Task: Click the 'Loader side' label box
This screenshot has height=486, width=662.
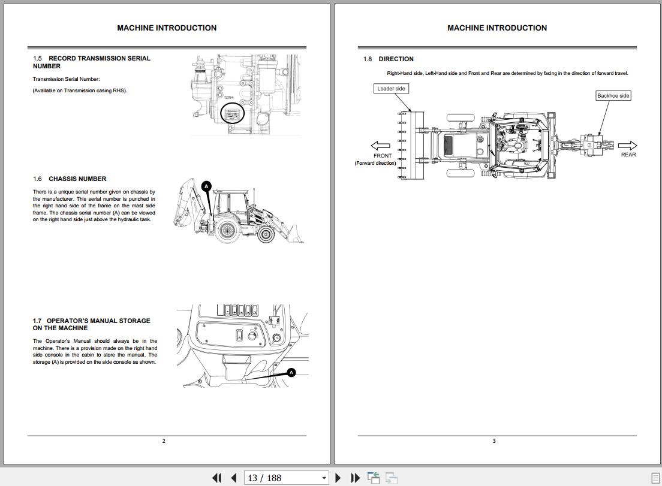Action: pos(391,89)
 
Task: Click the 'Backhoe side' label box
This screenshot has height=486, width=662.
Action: pos(613,96)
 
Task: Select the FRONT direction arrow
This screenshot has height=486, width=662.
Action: pos(380,146)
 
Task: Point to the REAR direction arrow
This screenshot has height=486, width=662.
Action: pos(627,146)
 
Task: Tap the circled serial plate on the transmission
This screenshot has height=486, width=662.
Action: pos(233,113)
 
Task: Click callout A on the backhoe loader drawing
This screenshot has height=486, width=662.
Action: pos(206,186)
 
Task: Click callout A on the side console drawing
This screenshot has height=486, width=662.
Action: pos(291,373)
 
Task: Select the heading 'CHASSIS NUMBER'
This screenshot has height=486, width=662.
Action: pos(77,179)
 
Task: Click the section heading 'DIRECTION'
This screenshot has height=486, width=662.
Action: pos(396,59)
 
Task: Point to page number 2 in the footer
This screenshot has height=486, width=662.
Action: pos(164,441)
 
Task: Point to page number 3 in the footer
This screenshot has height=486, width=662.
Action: pos(494,441)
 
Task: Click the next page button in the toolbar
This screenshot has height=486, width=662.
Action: pos(338,478)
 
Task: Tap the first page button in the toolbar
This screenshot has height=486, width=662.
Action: pos(217,478)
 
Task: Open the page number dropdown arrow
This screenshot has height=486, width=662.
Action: pos(324,478)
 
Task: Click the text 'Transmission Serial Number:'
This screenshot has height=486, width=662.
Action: pos(67,79)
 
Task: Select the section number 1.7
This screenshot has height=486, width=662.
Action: pos(37,321)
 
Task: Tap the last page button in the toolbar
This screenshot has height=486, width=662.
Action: pos(356,478)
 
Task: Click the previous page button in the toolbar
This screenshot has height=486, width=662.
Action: pos(234,478)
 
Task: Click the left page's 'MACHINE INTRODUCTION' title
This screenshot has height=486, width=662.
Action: pos(167,28)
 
